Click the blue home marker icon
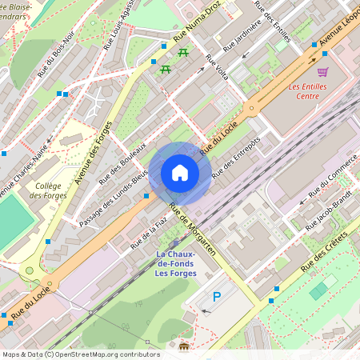180,173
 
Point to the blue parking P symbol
216,297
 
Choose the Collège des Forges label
50,190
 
